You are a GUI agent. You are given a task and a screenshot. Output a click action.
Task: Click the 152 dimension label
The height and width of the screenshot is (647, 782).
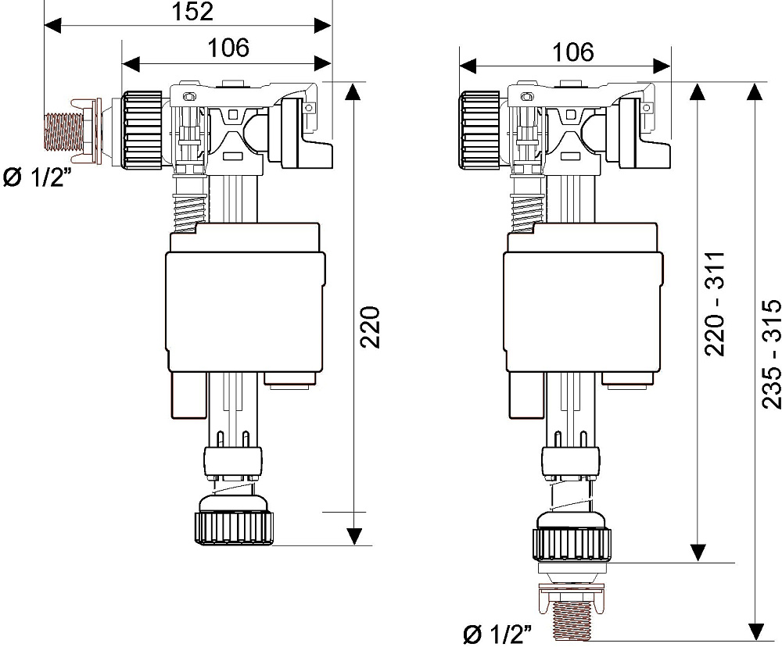(192, 11)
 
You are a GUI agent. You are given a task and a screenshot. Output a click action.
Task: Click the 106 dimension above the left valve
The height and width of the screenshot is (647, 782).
(228, 48)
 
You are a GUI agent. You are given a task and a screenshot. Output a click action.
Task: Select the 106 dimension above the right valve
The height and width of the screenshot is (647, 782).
(573, 52)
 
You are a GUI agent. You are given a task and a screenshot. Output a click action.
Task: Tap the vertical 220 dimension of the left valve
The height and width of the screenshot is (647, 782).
(370, 327)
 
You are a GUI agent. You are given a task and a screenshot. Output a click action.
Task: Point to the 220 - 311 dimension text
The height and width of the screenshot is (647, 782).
(715, 303)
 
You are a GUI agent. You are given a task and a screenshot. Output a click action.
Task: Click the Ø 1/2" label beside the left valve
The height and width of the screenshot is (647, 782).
(34, 177)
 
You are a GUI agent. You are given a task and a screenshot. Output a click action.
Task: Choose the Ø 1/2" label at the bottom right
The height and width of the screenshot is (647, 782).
(497, 634)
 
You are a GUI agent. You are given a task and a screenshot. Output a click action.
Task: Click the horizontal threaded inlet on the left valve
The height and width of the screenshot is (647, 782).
(64, 131)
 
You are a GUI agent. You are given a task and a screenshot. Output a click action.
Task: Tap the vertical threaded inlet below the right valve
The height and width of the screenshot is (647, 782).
(572, 619)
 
